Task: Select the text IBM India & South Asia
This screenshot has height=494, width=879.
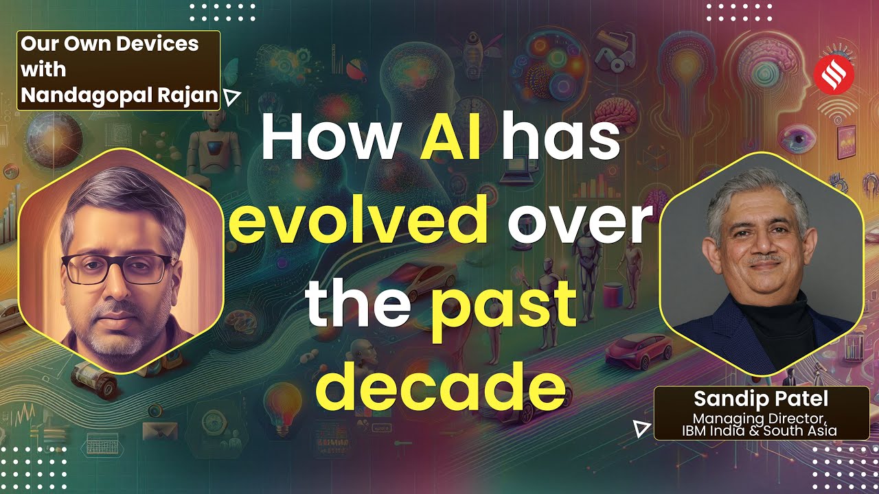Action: (759, 431)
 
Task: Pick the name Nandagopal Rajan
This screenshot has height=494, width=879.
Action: (119, 95)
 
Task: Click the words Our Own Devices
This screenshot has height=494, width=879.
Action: (110, 45)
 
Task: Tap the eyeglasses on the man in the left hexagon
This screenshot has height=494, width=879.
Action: (116, 268)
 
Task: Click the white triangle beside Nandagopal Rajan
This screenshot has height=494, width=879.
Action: (232, 97)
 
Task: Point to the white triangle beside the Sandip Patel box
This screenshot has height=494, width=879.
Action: (641, 430)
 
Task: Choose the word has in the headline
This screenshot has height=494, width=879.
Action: (558, 137)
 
